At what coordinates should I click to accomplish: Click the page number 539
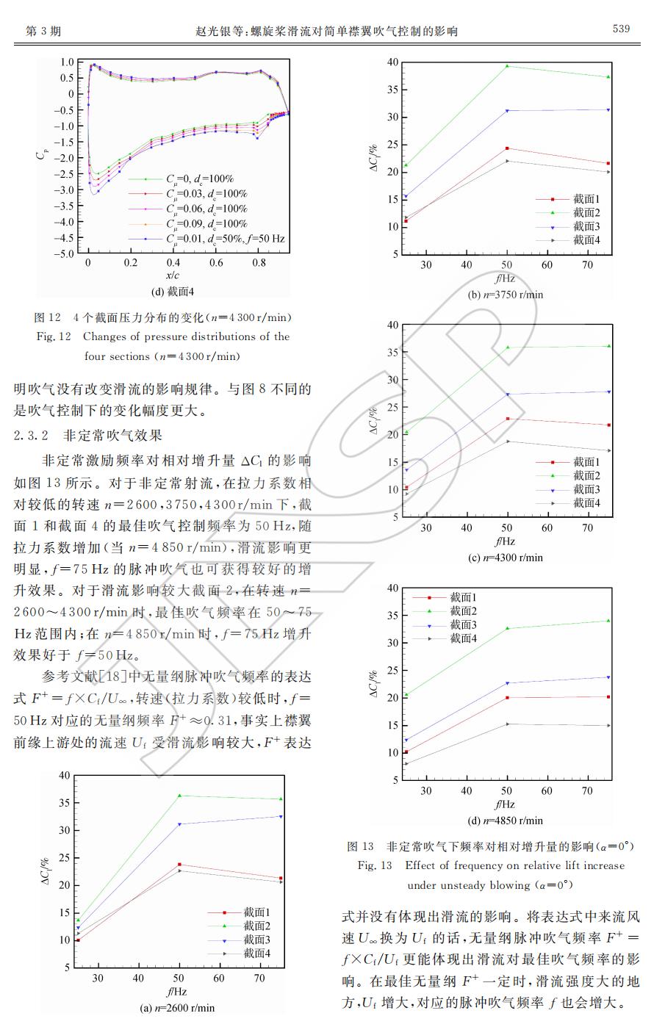(x=621, y=29)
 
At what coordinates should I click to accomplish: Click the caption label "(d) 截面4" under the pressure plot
(x=173, y=291)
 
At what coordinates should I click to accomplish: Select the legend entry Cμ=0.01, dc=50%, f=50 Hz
(x=224, y=239)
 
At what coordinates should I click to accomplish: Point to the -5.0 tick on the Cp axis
(x=66, y=254)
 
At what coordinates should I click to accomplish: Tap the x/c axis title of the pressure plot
(x=173, y=275)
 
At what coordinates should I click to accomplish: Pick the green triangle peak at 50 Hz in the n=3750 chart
(x=507, y=66)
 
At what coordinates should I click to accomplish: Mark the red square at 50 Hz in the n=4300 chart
(x=507, y=419)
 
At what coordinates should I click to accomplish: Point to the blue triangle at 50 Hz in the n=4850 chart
(x=507, y=683)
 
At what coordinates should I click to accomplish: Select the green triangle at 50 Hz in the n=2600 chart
(x=179, y=796)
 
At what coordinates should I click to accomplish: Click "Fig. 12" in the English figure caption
(x=54, y=336)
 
